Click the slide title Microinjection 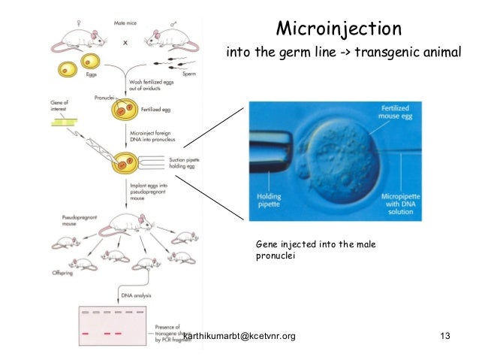[339, 29]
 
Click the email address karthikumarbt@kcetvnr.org [239, 335]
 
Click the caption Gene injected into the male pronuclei [315, 250]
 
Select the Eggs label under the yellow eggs [87, 77]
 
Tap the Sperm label [190, 76]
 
